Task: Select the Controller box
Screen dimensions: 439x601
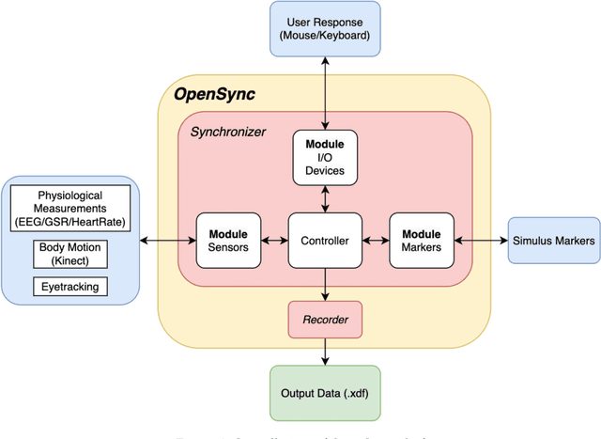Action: [x=325, y=241]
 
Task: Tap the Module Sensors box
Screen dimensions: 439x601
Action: [x=227, y=241]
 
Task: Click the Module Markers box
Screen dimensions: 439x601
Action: [x=422, y=241]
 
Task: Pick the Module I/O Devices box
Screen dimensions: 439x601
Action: [x=325, y=157]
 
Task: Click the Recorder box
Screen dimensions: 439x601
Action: [x=325, y=321]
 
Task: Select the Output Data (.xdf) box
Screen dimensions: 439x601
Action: [x=325, y=392]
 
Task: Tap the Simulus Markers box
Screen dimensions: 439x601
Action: [x=553, y=241]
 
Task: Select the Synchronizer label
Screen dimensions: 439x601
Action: [x=228, y=132]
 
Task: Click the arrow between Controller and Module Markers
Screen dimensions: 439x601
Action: [x=374, y=241]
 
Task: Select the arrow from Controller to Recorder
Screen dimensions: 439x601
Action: [x=325, y=285]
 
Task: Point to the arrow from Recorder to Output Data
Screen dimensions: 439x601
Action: [x=325, y=352]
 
